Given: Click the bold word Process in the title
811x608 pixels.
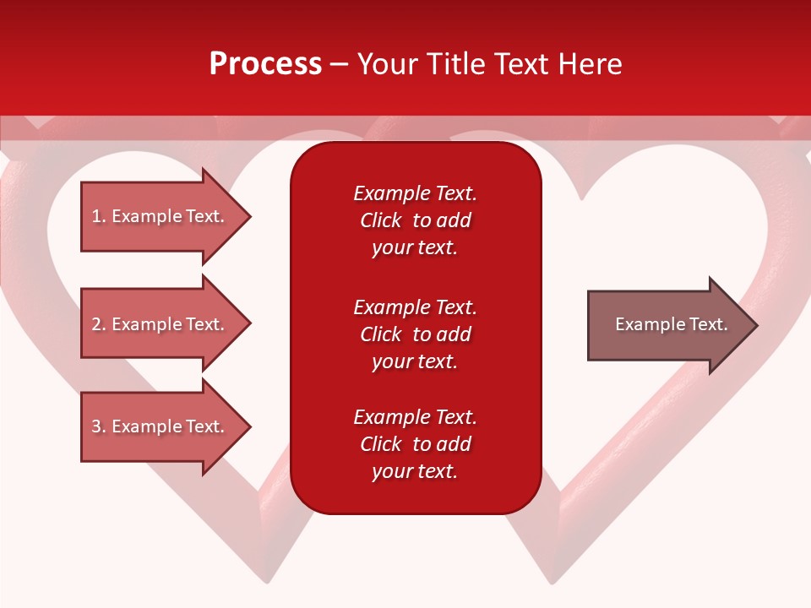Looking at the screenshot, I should [x=265, y=64].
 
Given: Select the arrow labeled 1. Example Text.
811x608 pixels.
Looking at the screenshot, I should [x=158, y=216].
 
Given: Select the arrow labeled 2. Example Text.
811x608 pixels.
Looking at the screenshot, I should [x=158, y=324].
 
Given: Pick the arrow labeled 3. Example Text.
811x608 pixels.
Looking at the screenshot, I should [x=158, y=426].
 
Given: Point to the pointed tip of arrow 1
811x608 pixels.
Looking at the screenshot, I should [x=249, y=216].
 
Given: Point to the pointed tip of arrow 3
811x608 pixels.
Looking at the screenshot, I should [x=249, y=426].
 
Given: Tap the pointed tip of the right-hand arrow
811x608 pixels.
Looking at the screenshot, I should [x=756, y=325].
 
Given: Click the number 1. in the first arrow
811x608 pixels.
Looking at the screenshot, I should [x=98, y=216].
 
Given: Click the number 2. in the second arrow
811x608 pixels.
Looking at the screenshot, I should [x=98, y=324].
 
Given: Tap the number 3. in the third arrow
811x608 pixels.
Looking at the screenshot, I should [x=98, y=426].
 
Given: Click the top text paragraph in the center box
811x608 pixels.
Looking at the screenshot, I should [x=415, y=220].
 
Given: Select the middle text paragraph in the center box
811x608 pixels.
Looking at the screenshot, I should [x=415, y=334].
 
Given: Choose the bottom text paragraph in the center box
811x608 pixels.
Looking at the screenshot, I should [x=415, y=444].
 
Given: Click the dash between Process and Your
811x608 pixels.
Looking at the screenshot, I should [x=339, y=64].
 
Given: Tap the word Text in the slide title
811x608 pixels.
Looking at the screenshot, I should [x=521, y=64].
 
